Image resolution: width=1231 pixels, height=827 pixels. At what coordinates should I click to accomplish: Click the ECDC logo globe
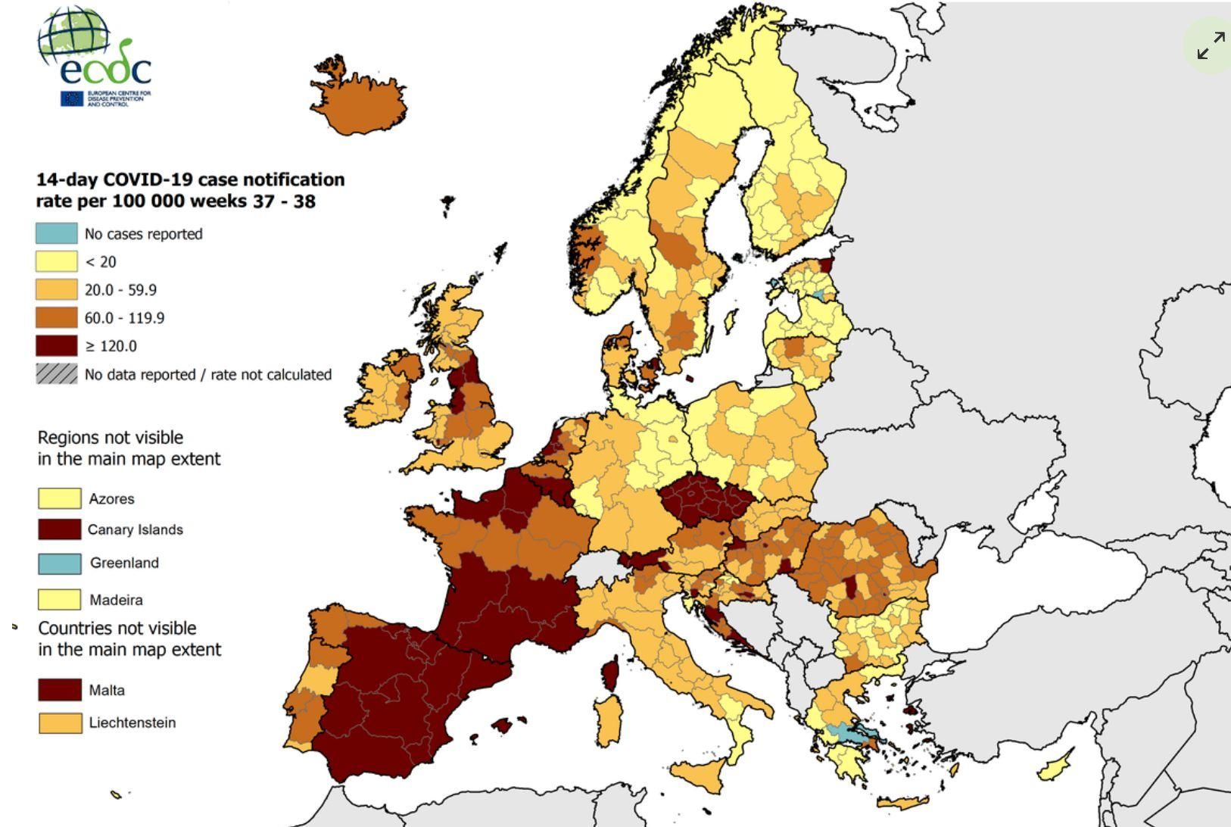73,39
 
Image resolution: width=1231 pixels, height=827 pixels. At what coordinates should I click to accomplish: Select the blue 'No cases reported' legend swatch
57,233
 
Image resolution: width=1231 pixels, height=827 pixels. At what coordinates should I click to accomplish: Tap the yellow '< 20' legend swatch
57,261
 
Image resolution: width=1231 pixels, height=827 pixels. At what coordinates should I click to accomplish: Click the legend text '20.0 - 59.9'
120,290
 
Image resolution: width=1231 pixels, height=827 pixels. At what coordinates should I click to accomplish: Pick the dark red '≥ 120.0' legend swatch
57,346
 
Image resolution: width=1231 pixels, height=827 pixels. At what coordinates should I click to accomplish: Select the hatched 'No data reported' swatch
57,374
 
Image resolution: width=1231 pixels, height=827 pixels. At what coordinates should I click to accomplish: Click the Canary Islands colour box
60,529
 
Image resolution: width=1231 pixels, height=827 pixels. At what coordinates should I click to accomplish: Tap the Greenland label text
124,563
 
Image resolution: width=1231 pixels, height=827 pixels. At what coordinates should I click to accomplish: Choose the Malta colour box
60,690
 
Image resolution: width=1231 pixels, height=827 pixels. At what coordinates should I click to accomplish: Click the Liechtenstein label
132,722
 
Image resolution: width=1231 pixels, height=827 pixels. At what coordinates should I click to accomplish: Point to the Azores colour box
60,498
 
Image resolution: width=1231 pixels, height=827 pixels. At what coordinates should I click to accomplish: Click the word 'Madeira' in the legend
116,600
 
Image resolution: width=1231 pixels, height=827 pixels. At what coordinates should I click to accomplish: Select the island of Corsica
610,674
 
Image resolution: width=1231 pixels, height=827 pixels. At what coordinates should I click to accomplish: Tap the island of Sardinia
606,719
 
